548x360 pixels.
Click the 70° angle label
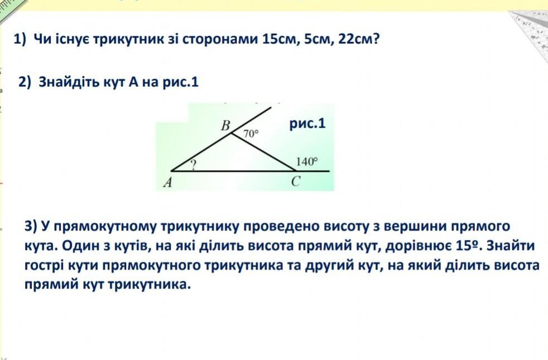pos(251,133)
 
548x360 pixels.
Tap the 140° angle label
pos(307,161)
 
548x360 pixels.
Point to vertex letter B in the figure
pos(226,125)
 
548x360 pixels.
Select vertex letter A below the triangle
pos(168,182)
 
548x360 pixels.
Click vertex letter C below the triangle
pos(296,181)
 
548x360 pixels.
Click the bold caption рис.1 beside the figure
pos(307,123)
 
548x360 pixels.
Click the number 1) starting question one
pos(20,39)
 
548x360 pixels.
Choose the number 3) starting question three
pos(31,227)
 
